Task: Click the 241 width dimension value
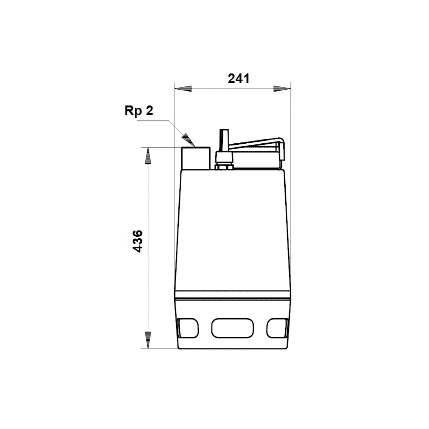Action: tap(238, 78)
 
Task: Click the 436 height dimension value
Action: tap(138, 241)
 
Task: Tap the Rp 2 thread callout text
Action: tap(139, 110)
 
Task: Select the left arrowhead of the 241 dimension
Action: tap(183, 89)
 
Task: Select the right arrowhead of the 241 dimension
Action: tap(282, 89)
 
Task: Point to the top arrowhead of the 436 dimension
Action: tap(148, 156)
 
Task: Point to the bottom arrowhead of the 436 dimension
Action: tap(148, 340)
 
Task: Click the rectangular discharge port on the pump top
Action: tap(196, 158)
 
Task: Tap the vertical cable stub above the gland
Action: tap(224, 140)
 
